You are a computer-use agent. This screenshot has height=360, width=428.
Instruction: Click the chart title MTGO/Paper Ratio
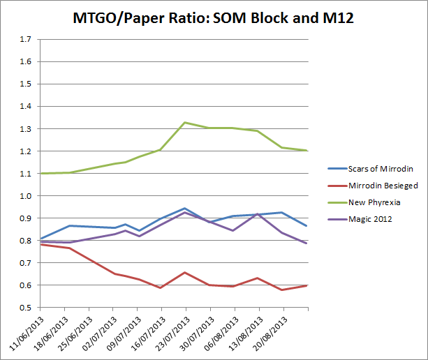coord(214,17)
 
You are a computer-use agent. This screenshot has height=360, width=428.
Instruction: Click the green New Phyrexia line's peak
coord(185,123)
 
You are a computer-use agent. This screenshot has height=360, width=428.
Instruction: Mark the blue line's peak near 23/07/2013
coord(184,208)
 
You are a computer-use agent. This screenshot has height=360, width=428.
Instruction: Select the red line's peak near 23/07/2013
coord(185,272)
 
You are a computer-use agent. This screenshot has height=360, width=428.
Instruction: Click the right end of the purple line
coord(307,243)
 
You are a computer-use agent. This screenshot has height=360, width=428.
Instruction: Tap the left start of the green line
coord(40,173)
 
